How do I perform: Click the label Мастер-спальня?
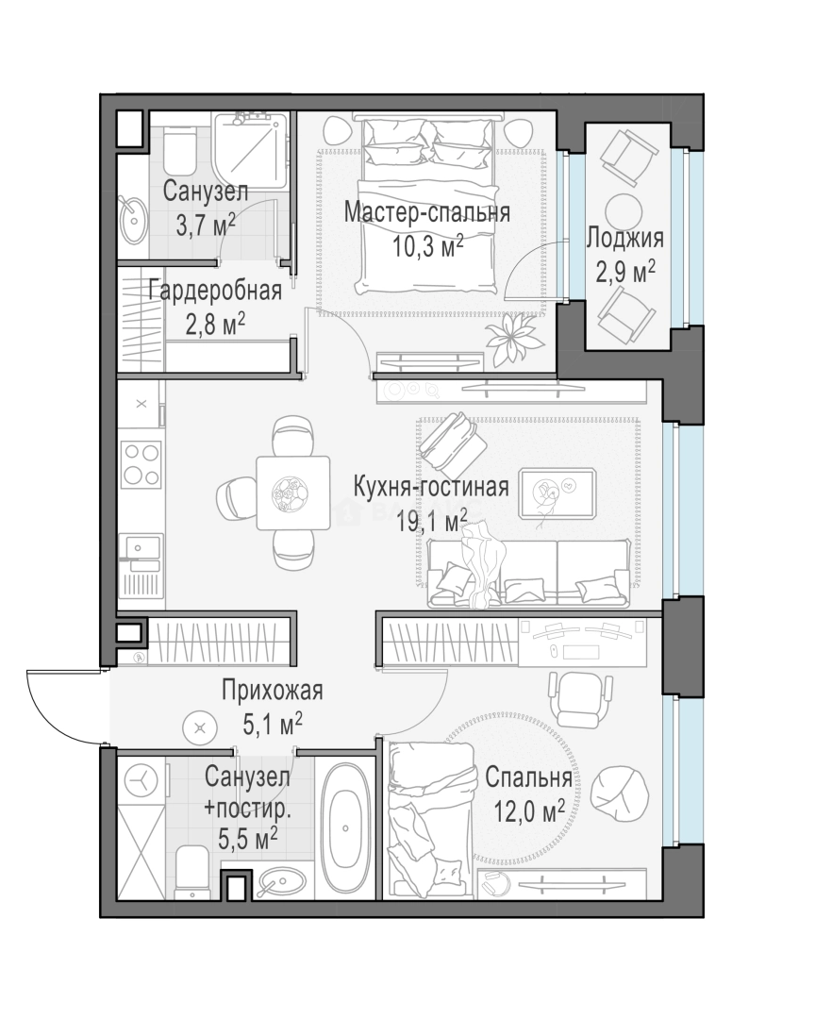click(x=427, y=212)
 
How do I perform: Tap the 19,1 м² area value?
click(x=432, y=521)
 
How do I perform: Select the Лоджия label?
click(x=625, y=239)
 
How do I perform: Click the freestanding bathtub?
click(x=345, y=827)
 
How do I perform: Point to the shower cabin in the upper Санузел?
click(x=251, y=149)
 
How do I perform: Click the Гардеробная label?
click(x=215, y=291)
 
